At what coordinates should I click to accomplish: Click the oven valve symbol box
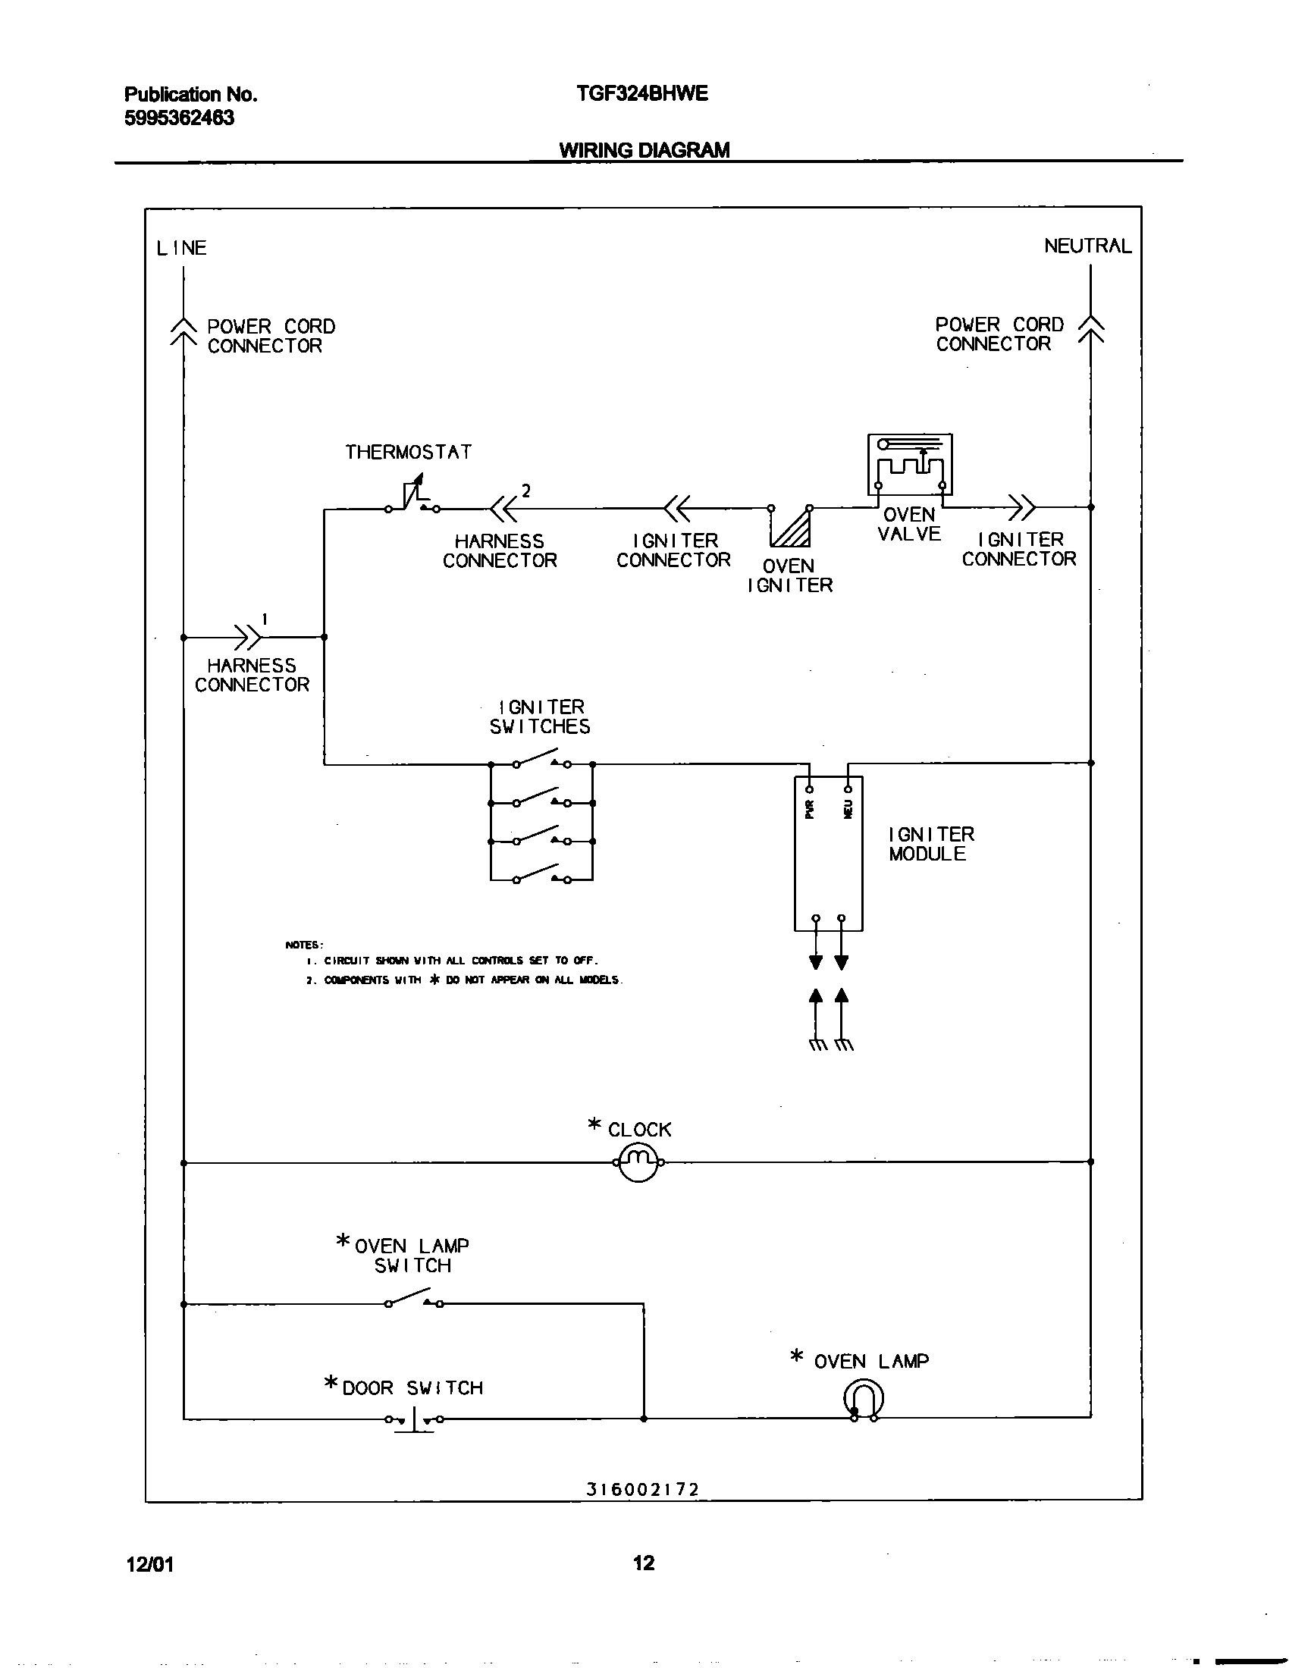tap(909, 464)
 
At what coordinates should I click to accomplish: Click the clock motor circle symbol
tap(638, 1162)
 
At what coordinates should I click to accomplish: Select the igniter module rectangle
tap(829, 854)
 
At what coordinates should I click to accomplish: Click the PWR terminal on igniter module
tap(810, 790)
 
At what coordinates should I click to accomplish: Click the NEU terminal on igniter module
tap(848, 790)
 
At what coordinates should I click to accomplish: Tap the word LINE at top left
tap(182, 248)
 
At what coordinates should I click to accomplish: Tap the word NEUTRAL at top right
tap(1087, 246)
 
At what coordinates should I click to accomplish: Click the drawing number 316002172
tap(643, 1489)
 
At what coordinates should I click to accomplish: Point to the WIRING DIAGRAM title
tap(644, 149)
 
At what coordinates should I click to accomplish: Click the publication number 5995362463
tap(179, 118)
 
